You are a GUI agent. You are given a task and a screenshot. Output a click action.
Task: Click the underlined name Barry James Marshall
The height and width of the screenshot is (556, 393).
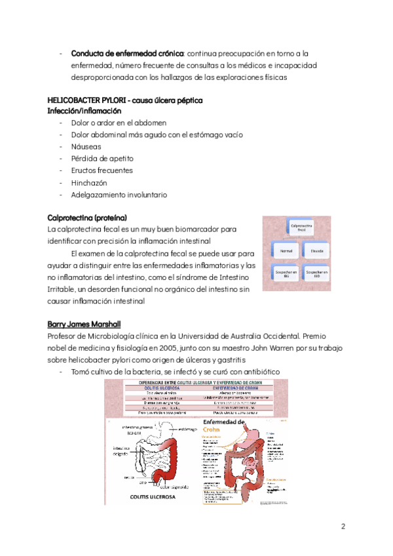point(84,325)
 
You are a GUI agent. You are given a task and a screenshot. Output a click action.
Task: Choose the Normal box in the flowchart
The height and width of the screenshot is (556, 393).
point(286,250)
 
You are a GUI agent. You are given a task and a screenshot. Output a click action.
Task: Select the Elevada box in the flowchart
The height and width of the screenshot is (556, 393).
point(317,250)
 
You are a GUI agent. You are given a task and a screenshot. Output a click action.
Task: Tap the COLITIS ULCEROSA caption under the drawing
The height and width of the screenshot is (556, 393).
point(153,497)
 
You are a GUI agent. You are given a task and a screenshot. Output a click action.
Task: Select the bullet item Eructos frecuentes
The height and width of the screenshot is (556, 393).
point(102,170)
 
